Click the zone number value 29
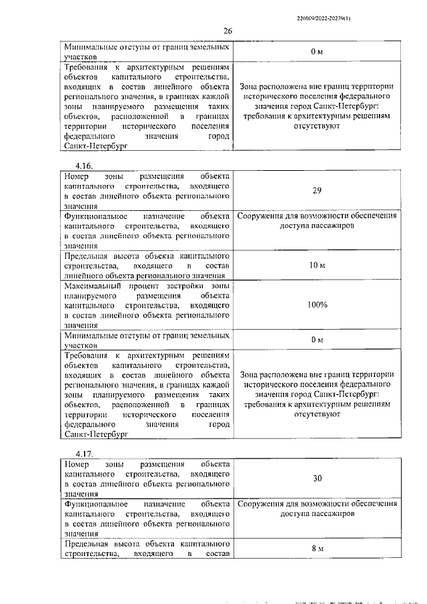coord(317,190)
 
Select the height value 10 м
coord(317,266)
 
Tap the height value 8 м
coord(317,548)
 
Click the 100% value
coord(317,304)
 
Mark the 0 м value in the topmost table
coord(317,51)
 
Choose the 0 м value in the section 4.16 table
coord(317,340)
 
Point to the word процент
coord(149,285)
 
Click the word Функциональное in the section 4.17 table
coord(97,505)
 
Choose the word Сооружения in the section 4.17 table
coord(264,505)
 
